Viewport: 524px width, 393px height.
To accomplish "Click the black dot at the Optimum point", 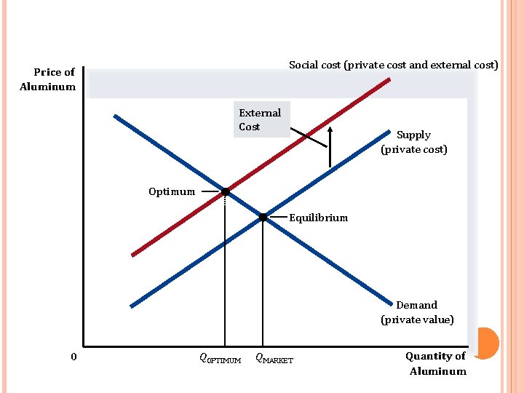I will (226, 192).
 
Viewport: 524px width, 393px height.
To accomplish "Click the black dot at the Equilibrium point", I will (263, 217).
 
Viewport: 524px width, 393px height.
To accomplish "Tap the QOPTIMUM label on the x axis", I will (220, 359).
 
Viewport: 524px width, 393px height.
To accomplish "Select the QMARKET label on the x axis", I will (274, 359).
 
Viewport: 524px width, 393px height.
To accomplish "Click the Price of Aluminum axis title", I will (48, 79).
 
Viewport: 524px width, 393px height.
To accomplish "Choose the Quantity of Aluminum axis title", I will (437, 363).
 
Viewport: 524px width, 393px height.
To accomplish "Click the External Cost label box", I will (261, 119).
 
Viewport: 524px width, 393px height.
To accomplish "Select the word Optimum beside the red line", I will (172, 192).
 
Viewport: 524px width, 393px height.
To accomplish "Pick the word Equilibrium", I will (319, 218).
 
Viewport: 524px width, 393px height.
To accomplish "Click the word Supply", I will (413, 135).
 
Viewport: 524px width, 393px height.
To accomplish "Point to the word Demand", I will (416, 305).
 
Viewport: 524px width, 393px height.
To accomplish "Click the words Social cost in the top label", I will (314, 65).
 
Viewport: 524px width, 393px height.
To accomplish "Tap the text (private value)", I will (417, 319).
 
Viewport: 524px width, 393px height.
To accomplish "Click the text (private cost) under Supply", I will (413, 149).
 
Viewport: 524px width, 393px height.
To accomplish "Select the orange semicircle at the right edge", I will (488, 343).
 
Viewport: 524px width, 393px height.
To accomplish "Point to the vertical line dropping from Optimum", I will (225, 277).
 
